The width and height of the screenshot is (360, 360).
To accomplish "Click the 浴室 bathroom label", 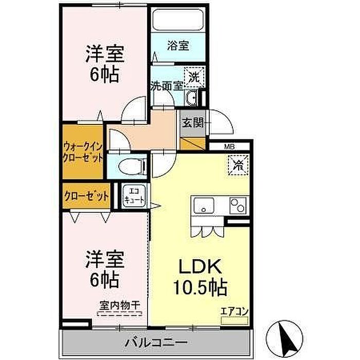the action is coord(178,46).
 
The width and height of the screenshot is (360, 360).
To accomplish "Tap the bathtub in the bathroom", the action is coord(178,20).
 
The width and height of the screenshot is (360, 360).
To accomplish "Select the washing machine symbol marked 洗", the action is coord(194,77).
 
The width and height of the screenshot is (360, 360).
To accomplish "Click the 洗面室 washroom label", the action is coord(167,86).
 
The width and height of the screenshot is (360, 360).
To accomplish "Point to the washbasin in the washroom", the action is coord(191,98).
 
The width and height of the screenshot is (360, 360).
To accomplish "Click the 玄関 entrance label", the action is coord(193,123).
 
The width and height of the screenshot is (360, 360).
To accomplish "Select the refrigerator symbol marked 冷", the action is coord(238,165).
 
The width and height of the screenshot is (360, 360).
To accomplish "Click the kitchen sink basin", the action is coord(204,206).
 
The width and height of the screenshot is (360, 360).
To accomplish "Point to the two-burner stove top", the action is coord(238,206).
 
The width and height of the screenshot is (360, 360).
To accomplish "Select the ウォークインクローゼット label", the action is coord(83,152).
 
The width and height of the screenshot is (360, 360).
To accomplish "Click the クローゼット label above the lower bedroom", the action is coord(86,196).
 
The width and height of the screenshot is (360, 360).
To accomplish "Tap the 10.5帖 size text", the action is coord(200,286).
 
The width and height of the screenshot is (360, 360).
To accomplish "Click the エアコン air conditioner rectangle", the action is coord(235,320).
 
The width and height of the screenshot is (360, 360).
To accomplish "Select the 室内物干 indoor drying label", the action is coord(120,305).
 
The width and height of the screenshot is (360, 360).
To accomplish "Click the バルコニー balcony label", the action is coord(156,343).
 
